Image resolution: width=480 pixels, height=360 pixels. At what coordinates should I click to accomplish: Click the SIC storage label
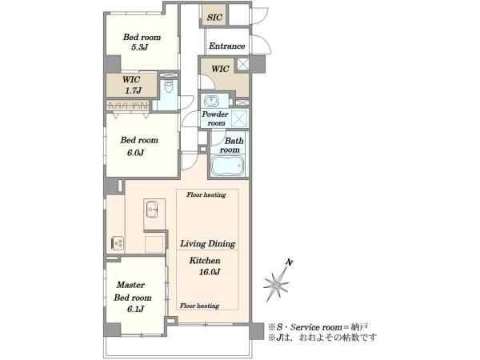tap(214, 17)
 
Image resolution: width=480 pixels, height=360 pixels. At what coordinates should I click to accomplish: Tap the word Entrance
tap(227, 46)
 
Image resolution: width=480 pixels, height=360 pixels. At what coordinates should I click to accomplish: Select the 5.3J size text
tap(140, 47)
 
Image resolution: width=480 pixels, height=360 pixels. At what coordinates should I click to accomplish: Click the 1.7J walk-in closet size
tap(133, 90)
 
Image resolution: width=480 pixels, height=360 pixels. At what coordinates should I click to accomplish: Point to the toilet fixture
tap(169, 86)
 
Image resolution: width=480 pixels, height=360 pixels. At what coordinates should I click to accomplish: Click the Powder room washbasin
tap(211, 101)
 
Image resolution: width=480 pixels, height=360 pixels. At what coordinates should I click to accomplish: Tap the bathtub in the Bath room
tap(228, 166)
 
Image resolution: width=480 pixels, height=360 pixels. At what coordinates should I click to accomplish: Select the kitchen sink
tap(152, 209)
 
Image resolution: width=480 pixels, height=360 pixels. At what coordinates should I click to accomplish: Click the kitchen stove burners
tap(118, 243)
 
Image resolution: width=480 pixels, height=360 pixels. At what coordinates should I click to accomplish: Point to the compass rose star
tap(276, 285)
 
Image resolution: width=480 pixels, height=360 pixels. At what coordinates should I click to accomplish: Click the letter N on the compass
tap(290, 262)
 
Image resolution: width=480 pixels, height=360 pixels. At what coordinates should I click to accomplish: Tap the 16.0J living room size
tap(210, 272)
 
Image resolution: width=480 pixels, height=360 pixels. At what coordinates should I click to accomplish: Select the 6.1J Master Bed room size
tap(136, 309)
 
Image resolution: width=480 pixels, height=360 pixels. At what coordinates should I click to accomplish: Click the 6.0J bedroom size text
tap(136, 153)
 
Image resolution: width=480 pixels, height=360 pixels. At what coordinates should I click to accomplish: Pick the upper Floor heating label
tap(206, 194)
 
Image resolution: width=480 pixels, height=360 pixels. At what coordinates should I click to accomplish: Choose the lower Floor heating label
tap(199, 306)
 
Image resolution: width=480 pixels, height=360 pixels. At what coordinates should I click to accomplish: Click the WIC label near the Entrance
tap(220, 69)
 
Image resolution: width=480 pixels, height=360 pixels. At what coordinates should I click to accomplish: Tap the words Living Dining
tap(208, 244)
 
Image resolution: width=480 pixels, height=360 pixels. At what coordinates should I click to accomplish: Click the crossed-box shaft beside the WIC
tap(243, 64)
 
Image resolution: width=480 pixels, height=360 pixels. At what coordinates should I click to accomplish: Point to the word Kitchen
tap(205, 261)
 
